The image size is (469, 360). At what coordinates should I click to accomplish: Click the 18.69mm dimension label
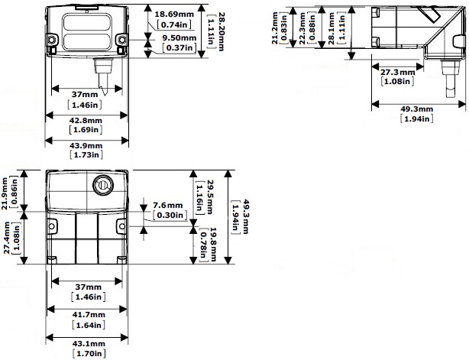tap(174, 14)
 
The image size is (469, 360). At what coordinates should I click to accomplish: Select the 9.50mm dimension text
tap(180, 38)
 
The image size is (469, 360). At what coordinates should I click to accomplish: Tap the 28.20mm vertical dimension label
tap(221, 31)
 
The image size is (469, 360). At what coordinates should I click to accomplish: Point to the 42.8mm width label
tap(86, 120)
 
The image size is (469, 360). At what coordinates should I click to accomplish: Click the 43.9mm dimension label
tap(86, 145)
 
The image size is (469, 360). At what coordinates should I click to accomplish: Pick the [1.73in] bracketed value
tap(86, 154)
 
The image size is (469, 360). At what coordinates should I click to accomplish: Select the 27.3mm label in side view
tap(397, 72)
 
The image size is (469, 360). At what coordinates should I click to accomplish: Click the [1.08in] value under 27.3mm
tap(397, 81)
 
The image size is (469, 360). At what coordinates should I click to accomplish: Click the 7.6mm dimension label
tap(167, 206)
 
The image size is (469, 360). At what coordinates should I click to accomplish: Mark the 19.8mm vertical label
tap(213, 245)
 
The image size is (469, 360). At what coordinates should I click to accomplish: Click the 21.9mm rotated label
tap(5, 193)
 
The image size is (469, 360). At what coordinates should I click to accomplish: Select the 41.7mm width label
tap(89, 314)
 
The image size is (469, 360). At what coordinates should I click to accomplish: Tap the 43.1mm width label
tap(89, 343)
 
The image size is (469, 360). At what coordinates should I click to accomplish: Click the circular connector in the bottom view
tap(103, 185)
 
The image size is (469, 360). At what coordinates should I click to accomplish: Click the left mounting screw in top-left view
tap(51, 40)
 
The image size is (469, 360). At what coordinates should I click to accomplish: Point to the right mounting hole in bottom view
tap(122, 226)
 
